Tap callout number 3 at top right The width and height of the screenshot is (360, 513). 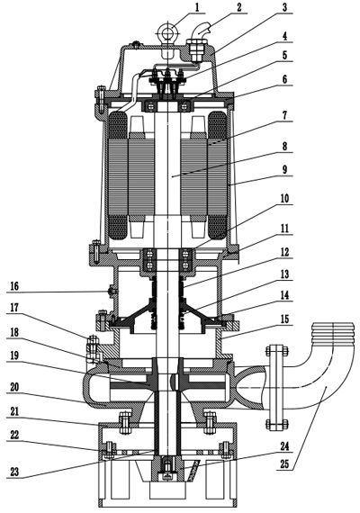pos(285,7)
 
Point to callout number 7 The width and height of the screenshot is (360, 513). pos(285,114)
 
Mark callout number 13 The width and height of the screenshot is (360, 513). pos(285,274)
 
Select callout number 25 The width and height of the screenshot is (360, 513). pos(285,467)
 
